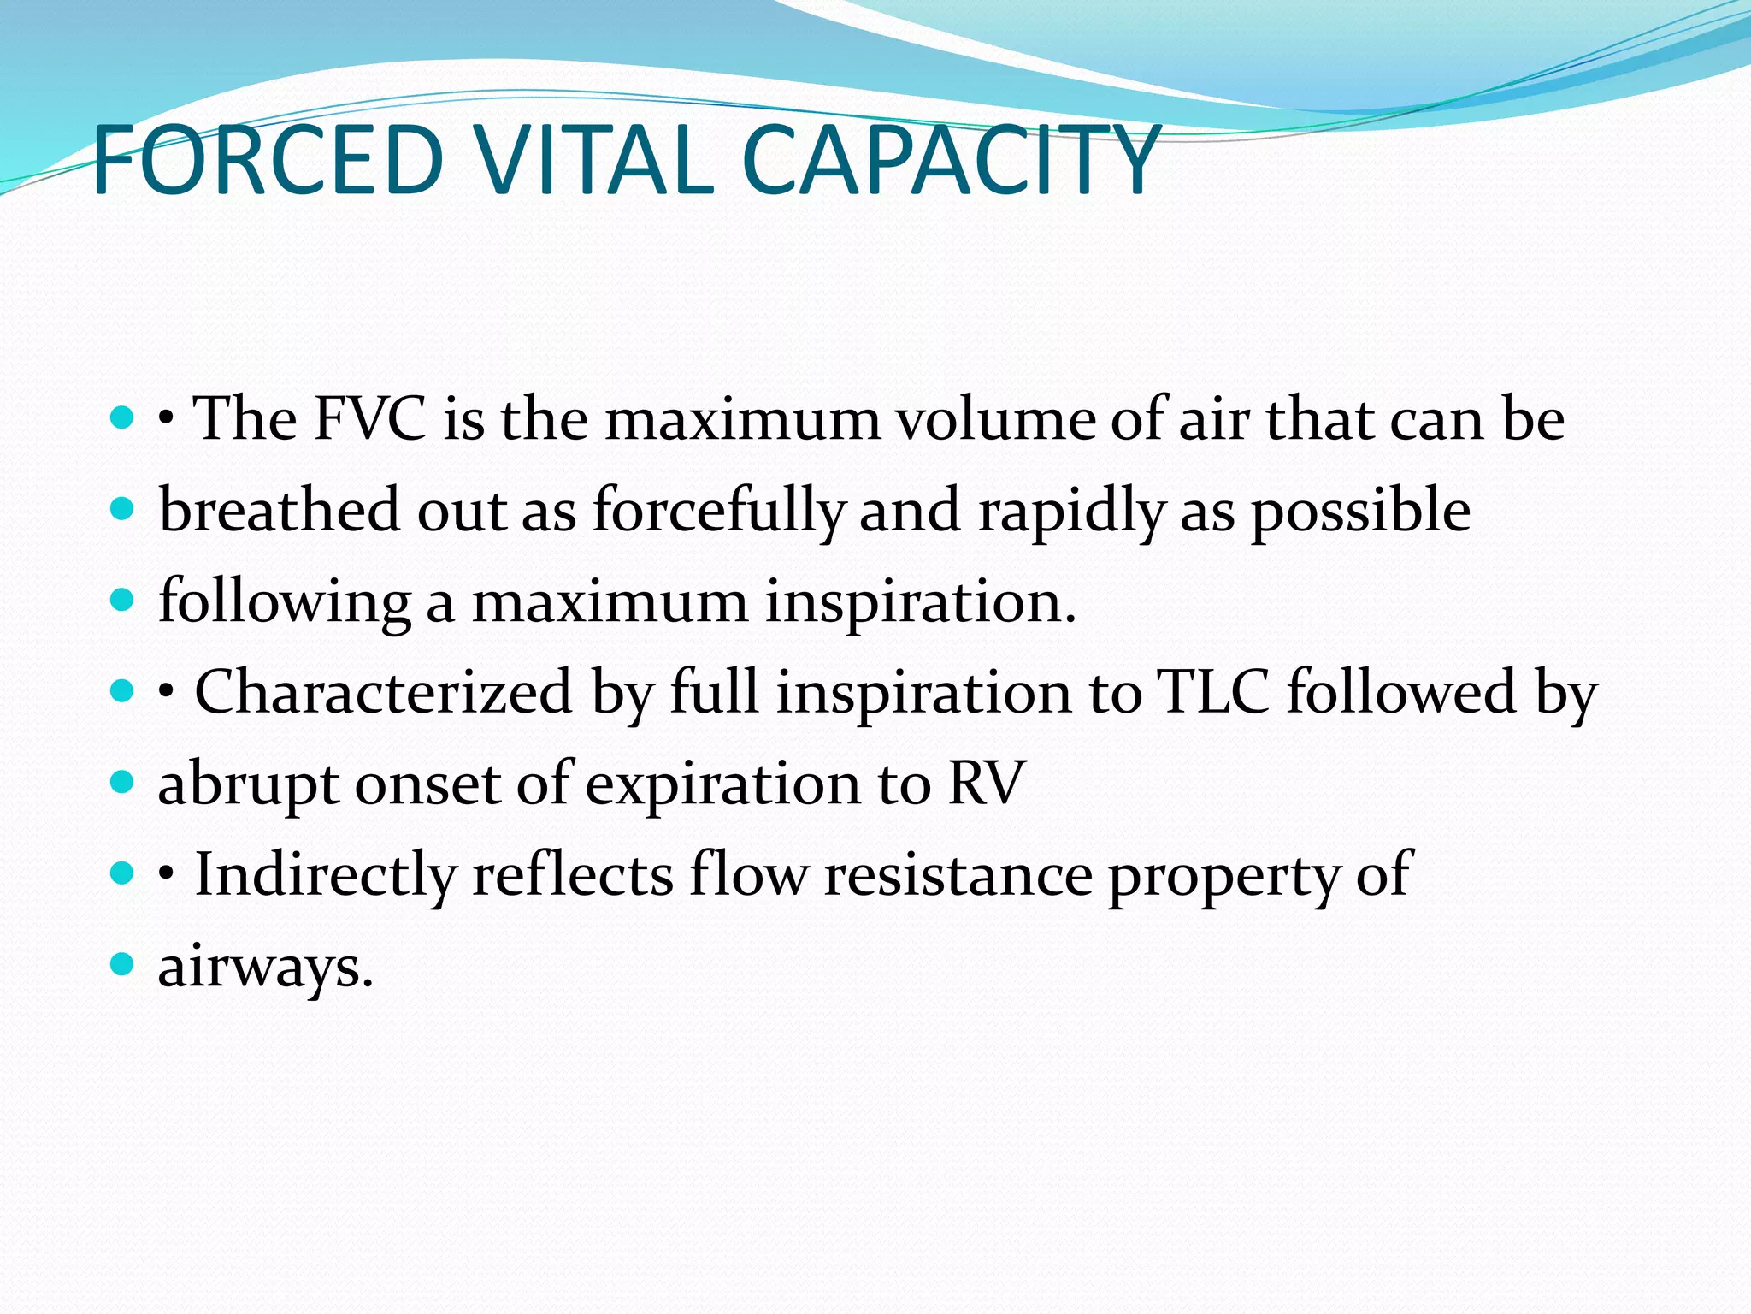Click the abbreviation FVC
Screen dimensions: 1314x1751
[369, 419]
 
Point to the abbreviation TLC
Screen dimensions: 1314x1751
[1212, 691]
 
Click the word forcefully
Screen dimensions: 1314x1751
[718, 511]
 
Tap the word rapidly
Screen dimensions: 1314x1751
[1071, 511]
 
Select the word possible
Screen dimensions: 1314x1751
[1361, 511]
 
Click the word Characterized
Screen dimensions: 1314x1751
[383, 691]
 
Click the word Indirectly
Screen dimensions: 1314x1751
[326, 874]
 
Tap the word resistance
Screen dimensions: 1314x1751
[958, 874]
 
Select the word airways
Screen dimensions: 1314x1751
[265, 968]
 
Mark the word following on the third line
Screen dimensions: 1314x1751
[285, 601]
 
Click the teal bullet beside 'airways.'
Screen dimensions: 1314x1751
[123, 964]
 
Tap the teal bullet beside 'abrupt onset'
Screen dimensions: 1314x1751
[123, 781]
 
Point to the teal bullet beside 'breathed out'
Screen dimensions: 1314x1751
[123, 509]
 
